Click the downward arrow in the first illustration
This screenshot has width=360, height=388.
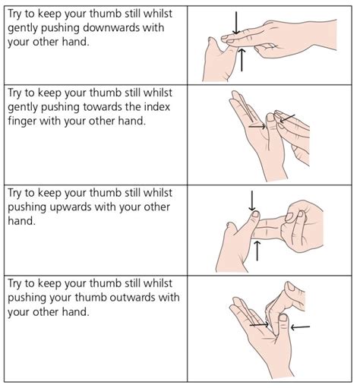(235, 23)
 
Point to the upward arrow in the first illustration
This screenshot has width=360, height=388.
(242, 60)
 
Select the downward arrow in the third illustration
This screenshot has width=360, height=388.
(251, 200)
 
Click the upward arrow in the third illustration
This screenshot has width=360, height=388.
(258, 251)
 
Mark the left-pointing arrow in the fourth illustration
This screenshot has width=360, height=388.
(300, 327)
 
